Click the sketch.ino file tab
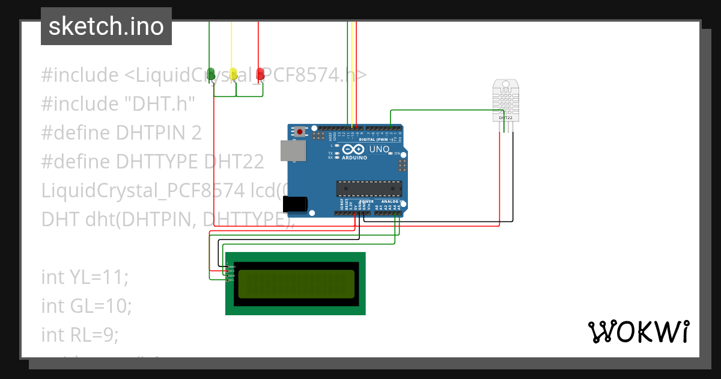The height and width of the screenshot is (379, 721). click(106, 26)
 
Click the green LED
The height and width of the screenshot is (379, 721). click(211, 73)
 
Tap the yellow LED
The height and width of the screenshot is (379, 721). click(233, 73)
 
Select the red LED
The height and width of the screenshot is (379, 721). click(260, 73)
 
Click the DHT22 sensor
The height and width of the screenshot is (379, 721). click(505, 99)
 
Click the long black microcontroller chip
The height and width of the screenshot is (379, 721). click(368, 188)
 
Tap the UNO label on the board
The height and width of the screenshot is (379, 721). click(379, 149)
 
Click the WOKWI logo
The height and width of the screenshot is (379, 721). click(638, 331)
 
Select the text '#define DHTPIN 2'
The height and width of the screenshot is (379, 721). click(121, 132)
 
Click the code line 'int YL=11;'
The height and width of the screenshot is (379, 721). click(85, 277)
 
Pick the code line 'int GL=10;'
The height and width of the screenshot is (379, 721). click(86, 306)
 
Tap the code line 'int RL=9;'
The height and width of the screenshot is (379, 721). click(80, 334)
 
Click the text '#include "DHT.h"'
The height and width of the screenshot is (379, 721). click(118, 104)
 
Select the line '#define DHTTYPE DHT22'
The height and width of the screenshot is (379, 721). click(153, 161)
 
